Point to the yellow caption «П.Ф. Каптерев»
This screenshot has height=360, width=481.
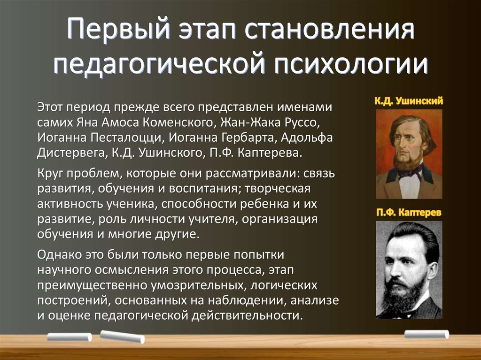[409, 212]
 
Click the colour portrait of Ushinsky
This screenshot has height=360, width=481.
[409, 154]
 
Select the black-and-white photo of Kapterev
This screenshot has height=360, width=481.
[409, 270]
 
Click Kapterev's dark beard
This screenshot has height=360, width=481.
[405, 296]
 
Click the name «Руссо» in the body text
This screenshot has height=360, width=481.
[303, 123]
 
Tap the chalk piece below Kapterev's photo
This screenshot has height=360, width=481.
[427, 334]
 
